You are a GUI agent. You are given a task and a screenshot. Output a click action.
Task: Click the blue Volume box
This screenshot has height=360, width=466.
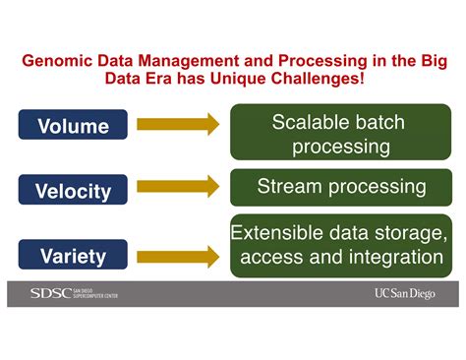click(x=74, y=126)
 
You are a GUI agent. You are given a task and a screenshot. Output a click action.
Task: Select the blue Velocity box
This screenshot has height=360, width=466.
click(x=74, y=191)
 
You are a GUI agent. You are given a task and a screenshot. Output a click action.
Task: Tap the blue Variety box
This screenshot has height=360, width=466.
click(x=74, y=257)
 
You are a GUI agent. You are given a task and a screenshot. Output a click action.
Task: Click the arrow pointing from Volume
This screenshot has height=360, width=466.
click(x=178, y=125)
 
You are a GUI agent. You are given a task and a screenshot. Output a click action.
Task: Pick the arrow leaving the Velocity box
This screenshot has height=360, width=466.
click(x=178, y=187)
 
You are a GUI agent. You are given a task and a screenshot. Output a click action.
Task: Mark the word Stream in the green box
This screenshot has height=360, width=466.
click(x=287, y=186)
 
